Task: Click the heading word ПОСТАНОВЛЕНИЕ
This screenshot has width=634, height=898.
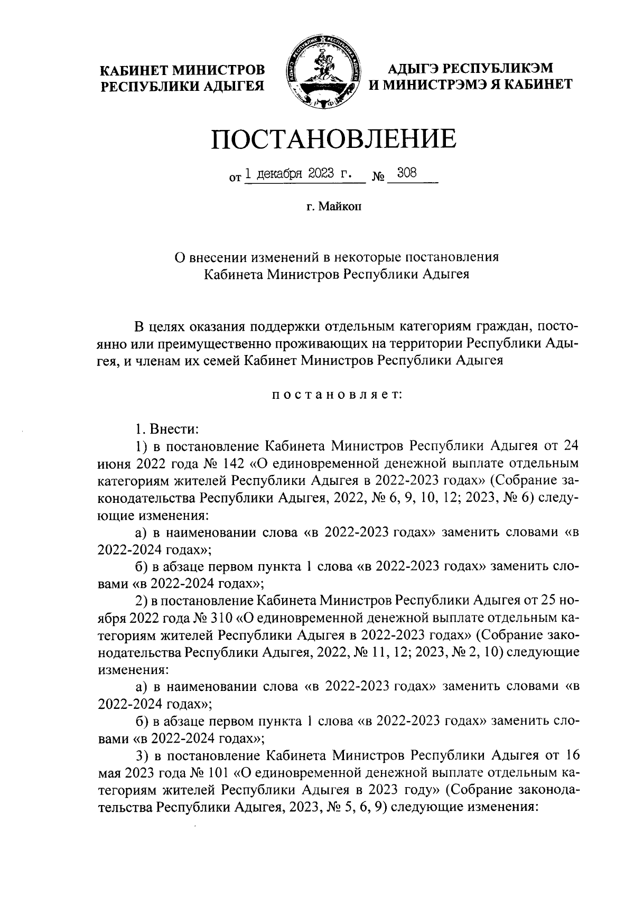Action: coord(334,138)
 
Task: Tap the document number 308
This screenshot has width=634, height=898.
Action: coord(407,173)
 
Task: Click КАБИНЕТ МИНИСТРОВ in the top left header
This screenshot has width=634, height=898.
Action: coord(183,69)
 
